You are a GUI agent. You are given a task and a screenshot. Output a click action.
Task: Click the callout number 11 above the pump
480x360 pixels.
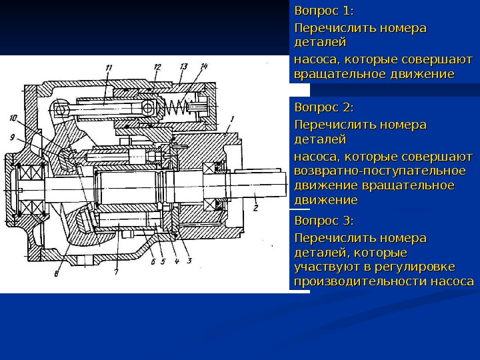(108, 66)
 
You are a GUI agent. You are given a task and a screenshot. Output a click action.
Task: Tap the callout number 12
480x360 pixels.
(157, 66)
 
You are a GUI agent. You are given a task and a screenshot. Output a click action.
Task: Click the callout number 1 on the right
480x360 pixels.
(231, 119)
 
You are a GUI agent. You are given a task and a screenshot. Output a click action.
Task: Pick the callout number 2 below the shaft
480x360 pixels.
(255, 208)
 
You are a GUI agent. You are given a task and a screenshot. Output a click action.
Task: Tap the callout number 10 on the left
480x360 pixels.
(13, 118)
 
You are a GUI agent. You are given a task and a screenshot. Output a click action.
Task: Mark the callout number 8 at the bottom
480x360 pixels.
(57, 272)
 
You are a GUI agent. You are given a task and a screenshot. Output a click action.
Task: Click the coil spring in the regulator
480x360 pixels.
(177, 106)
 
